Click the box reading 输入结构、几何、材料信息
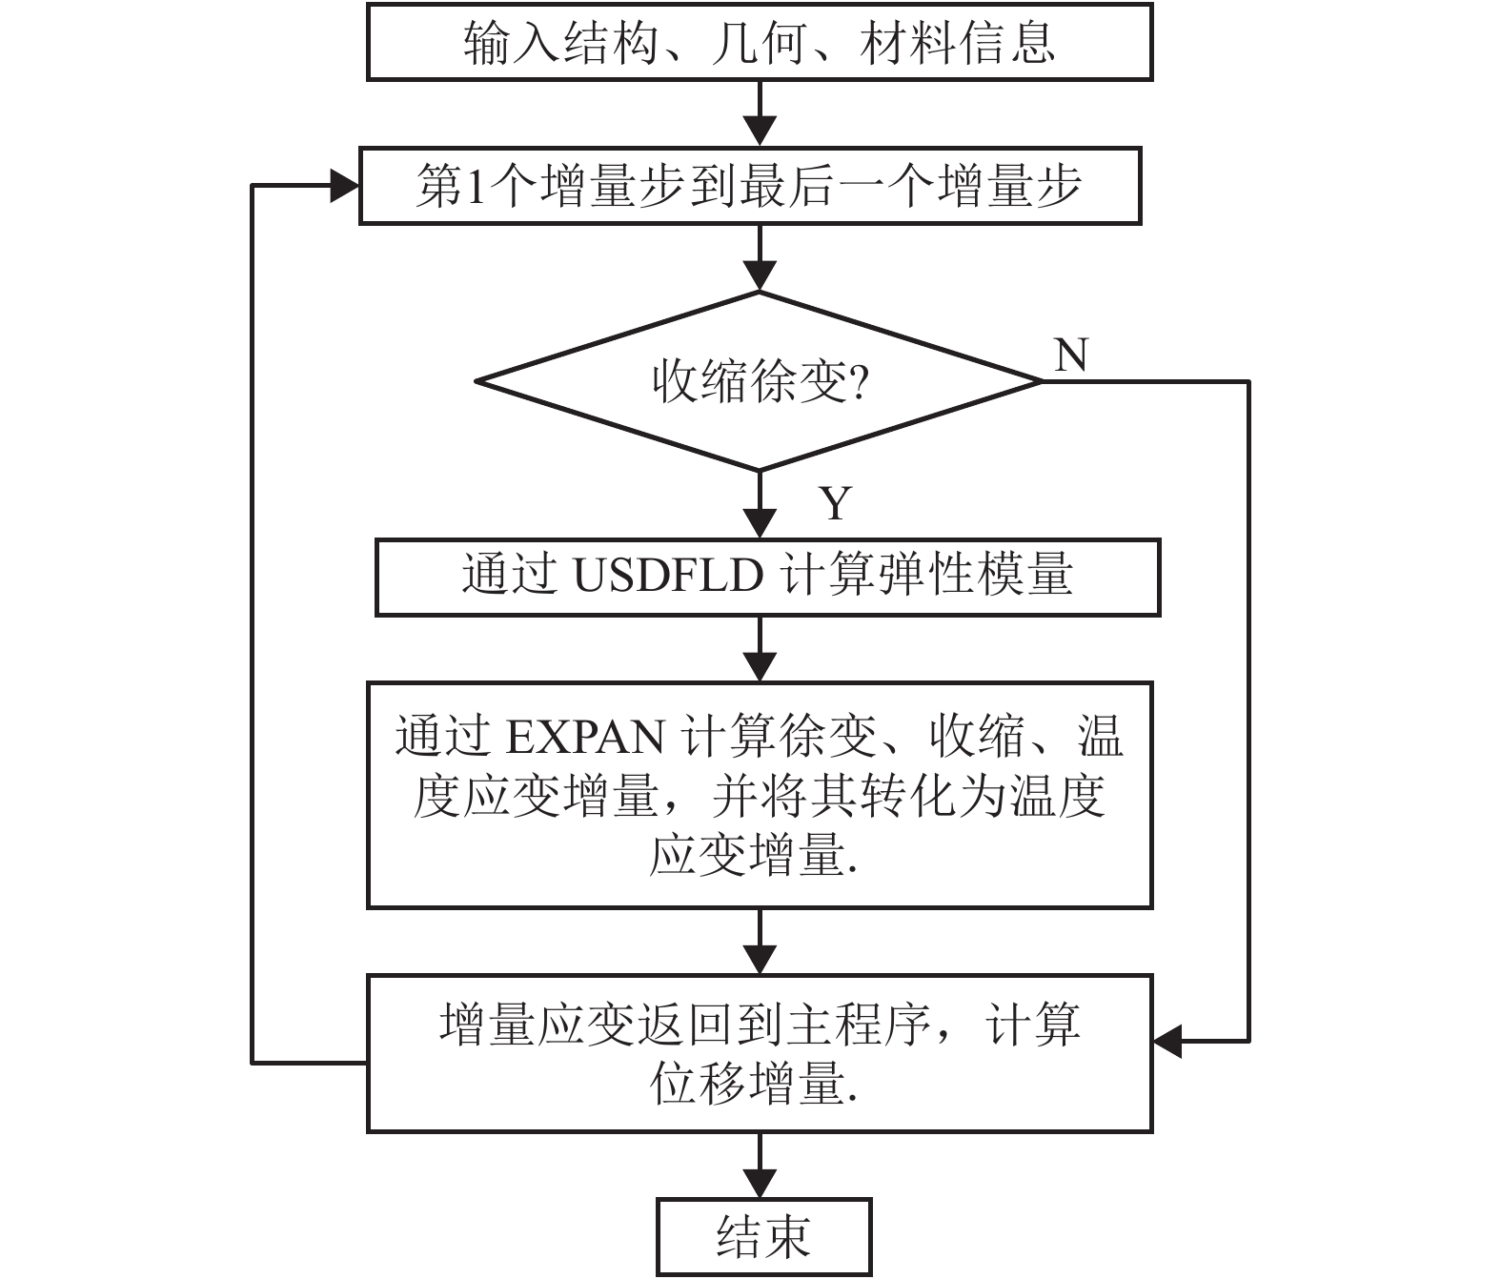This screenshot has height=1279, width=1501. pyautogui.click(x=760, y=44)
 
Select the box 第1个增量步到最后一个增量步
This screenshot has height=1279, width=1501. pyautogui.click(x=750, y=186)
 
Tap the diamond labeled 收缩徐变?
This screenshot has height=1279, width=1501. pyautogui.click(x=759, y=381)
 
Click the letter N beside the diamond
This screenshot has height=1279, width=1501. pyautogui.click(x=1071, y=355)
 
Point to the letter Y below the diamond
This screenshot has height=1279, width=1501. pyautogui.click(x=836, y=503)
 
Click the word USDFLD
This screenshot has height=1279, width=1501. pyautogui.click(x=668, y=576)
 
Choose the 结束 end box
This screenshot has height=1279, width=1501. pyautogui.click(x=763, y=1237)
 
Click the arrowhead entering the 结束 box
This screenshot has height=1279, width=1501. pyautogui.click(x=761, y=1183)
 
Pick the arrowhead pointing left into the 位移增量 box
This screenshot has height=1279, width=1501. pyautogui.click(x=1168, y=1042)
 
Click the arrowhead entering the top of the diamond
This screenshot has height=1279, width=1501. pyautogui.click(x=761, y=275)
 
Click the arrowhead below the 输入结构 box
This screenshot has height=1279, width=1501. pyautogui.click(x=761, y=131)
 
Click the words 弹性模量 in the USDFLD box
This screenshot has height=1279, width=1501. pyautogui.click(x=976, y=576)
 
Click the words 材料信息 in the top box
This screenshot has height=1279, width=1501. pyautogui.click(x=957, y=44)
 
